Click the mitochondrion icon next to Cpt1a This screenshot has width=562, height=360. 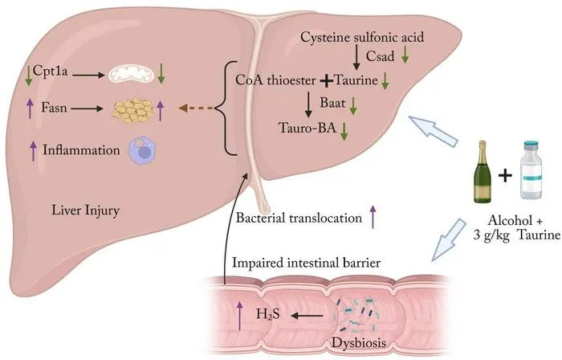tap(131, 75)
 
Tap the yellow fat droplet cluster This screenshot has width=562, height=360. tap(132, 110)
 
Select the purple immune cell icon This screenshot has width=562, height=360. tap(143, 150)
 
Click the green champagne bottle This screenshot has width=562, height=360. tap(483, 172)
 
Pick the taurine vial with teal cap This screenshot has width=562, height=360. tap(531, 170)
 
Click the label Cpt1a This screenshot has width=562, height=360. tap(50, 71)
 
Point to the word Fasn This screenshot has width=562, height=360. tap(54, 107)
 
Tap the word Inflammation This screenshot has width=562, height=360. tap(81, 150)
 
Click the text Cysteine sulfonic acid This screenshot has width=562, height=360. tap(362, 37)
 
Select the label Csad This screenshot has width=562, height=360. tap(380, 56)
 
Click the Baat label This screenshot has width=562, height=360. tap(332, 103)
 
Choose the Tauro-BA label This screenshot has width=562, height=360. tap(307, 127)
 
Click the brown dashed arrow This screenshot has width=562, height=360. tap(196, 108)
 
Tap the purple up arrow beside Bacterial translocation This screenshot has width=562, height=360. tap(373, 217)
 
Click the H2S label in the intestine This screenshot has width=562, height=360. tap(267, 315)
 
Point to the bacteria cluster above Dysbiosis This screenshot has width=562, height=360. tap(355, 315)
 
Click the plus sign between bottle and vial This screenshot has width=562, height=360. tap(505, 176)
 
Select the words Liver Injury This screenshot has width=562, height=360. tap(85, 211)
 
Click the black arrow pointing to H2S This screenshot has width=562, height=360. tap(307, 316)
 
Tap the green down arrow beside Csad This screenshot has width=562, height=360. tap(405, 55)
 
